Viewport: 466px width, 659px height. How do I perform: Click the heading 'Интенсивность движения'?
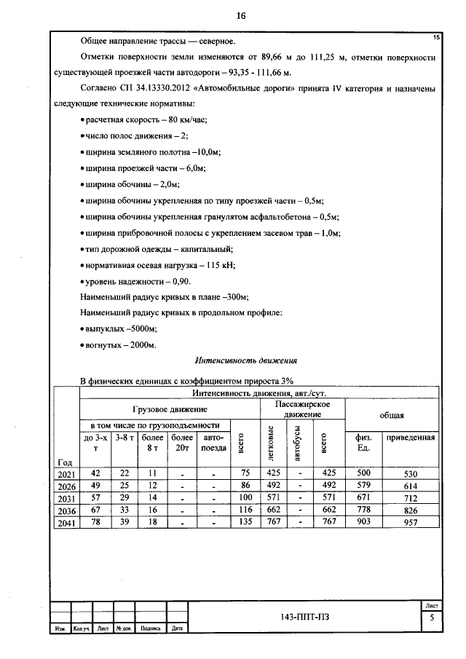click(x=245, y=360)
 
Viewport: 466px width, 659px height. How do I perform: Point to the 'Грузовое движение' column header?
click(x=169, y=410)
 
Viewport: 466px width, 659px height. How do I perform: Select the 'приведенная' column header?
click(x=410, y=438)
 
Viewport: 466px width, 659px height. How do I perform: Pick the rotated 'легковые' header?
click(x=271, y=442)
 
